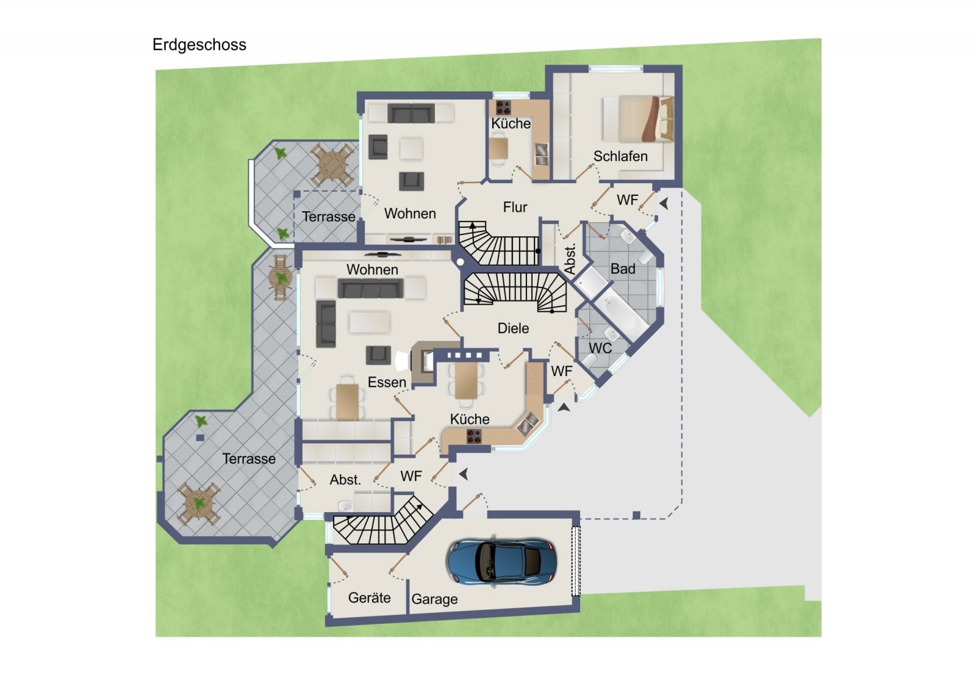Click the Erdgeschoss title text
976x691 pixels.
[x=199, y=45]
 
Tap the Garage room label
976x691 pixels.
[x=434, y=599]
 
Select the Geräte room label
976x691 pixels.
[x=369, y=598]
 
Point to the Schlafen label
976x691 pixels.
[x=620, y=156]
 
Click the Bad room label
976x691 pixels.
[x=623, y=269]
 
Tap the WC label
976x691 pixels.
[x=600, y=349]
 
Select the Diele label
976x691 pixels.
[x=513, y=328]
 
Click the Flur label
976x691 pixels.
[x=515, y=208]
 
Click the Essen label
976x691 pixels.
[x=387, y=383]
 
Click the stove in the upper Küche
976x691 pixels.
[x=503, y=108]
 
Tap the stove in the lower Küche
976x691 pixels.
[x=474, y=436]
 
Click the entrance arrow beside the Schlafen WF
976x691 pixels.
[x=664, y=204]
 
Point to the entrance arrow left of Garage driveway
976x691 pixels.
[x=464, y=474]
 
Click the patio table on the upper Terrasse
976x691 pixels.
[x=331, y=164]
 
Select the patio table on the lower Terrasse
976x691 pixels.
[x=198, y=504]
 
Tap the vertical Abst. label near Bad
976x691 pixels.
[x=570, y=259]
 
